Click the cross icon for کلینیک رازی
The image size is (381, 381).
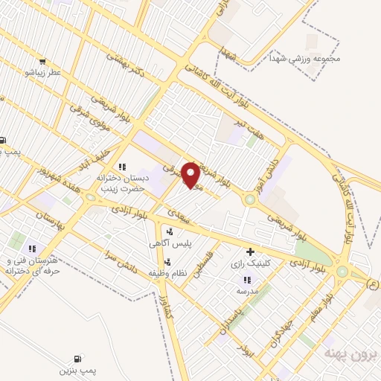tap(250, 253)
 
